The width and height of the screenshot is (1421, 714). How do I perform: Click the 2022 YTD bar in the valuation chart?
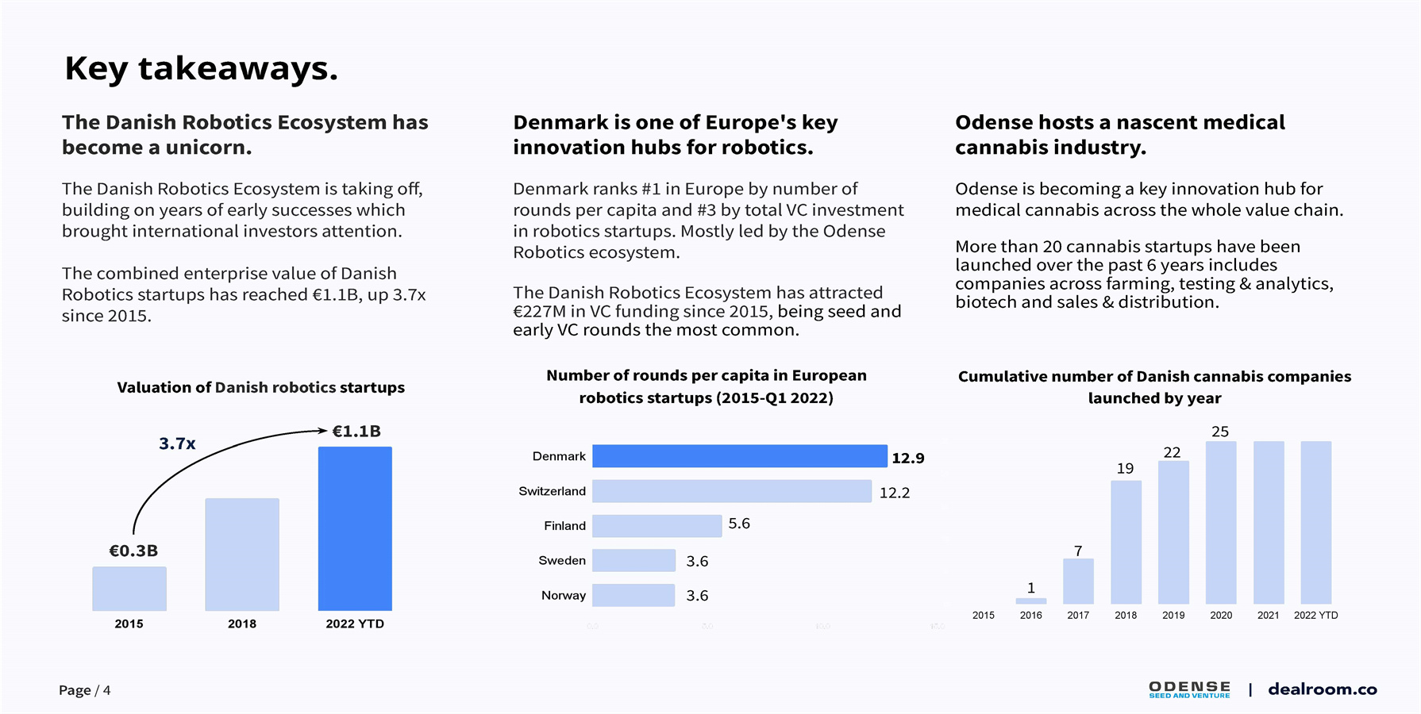pos(355,528)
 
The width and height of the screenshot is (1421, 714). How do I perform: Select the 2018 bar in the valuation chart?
pos(242,555)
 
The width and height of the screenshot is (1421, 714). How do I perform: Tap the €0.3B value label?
pos(133,551)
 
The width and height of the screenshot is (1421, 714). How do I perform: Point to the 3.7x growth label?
pos(177,443)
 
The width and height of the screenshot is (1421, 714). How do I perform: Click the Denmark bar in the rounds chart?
pos(739,456)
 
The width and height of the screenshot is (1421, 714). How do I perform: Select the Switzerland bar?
pos(731,491)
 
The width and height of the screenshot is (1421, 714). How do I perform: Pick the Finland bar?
pos(657,526)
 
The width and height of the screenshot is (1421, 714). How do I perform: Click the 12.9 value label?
pos(908,458)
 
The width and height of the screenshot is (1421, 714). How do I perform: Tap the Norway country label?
pos(564,595)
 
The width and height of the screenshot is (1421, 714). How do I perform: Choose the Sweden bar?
pos(633,560)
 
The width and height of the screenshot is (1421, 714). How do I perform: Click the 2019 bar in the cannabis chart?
pos(1173,532)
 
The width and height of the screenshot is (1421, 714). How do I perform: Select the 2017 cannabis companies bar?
pos(1078,582)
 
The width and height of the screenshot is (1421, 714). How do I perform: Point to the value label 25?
pos(1220,432)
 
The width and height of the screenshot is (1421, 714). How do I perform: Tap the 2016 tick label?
pos(1030,615)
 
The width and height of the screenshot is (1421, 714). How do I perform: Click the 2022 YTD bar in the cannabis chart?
pos(1315,523)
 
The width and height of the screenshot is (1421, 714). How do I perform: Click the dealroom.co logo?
pos(1322,689)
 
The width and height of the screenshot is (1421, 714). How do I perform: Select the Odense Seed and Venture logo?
pos(1189,689)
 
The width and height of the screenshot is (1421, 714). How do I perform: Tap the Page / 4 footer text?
pos(85,690)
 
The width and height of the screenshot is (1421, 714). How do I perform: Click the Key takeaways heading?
pos(202,68)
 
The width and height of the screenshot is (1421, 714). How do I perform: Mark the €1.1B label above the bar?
pos(356,432)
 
